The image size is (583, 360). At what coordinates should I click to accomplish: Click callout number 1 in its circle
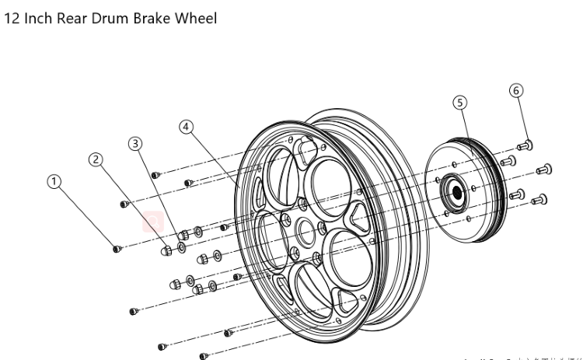54,181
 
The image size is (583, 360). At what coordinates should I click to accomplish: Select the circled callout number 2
96,159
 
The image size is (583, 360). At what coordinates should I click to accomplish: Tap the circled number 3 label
136,144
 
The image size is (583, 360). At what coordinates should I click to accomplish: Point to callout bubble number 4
186,127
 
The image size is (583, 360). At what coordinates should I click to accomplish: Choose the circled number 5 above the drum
460,102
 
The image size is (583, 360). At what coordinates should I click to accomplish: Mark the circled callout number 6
516,90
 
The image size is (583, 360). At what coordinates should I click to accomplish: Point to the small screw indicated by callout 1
117,249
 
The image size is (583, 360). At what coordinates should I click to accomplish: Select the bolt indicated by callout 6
525,144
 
